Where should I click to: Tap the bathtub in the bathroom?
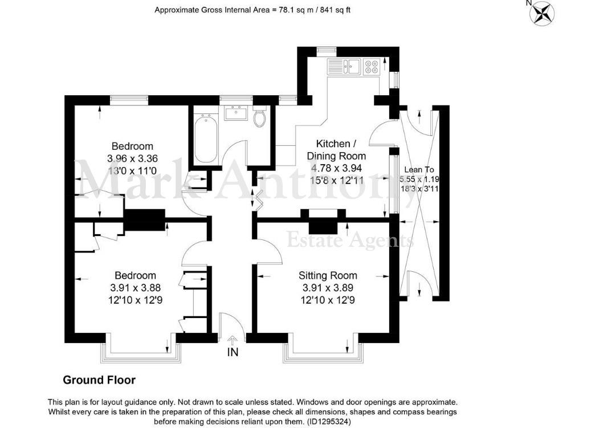click(x=205, y=139)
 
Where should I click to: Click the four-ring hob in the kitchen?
click(x=372, y=67)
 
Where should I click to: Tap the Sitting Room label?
click(x=328, y=276)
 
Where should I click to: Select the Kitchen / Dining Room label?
click(x=336, y=149)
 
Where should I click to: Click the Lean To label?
click(x=419, y=169)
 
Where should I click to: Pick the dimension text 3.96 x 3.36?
click(x=132, y=158)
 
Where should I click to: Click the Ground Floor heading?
click(x=99, y=380)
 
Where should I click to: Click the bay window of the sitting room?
click(x=323, y=352)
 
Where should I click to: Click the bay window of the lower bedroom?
click(x=141, y=352)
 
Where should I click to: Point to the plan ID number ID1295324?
click(x=323, y=422)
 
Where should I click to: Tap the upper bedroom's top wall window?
click(x=129, y=99)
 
